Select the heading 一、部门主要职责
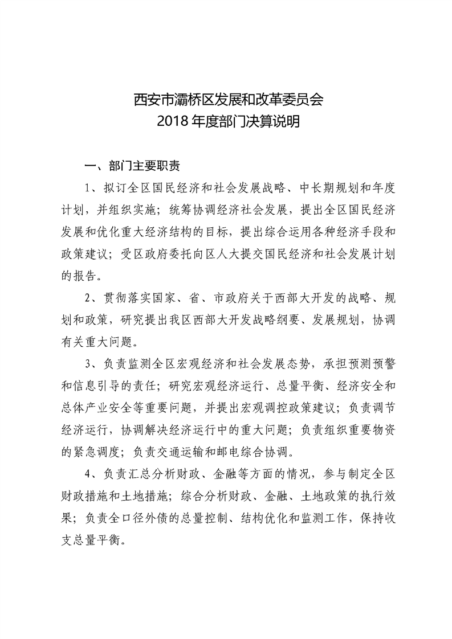click(x=132, y=166)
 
